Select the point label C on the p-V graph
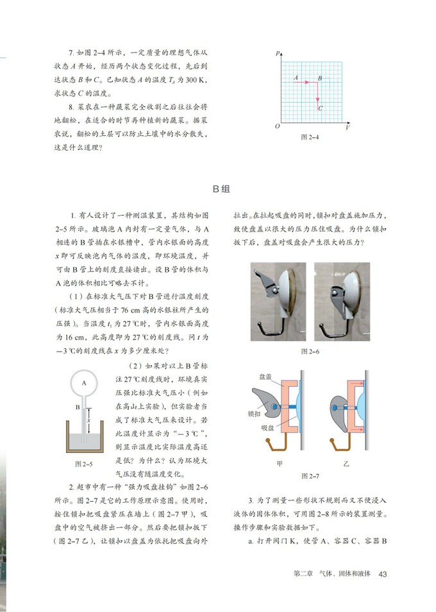coord(321,108)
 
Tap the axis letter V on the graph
coord(347,128)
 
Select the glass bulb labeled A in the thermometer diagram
coord(84,382)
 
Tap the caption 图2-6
coord(310,352)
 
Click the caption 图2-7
coord(310,476)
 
